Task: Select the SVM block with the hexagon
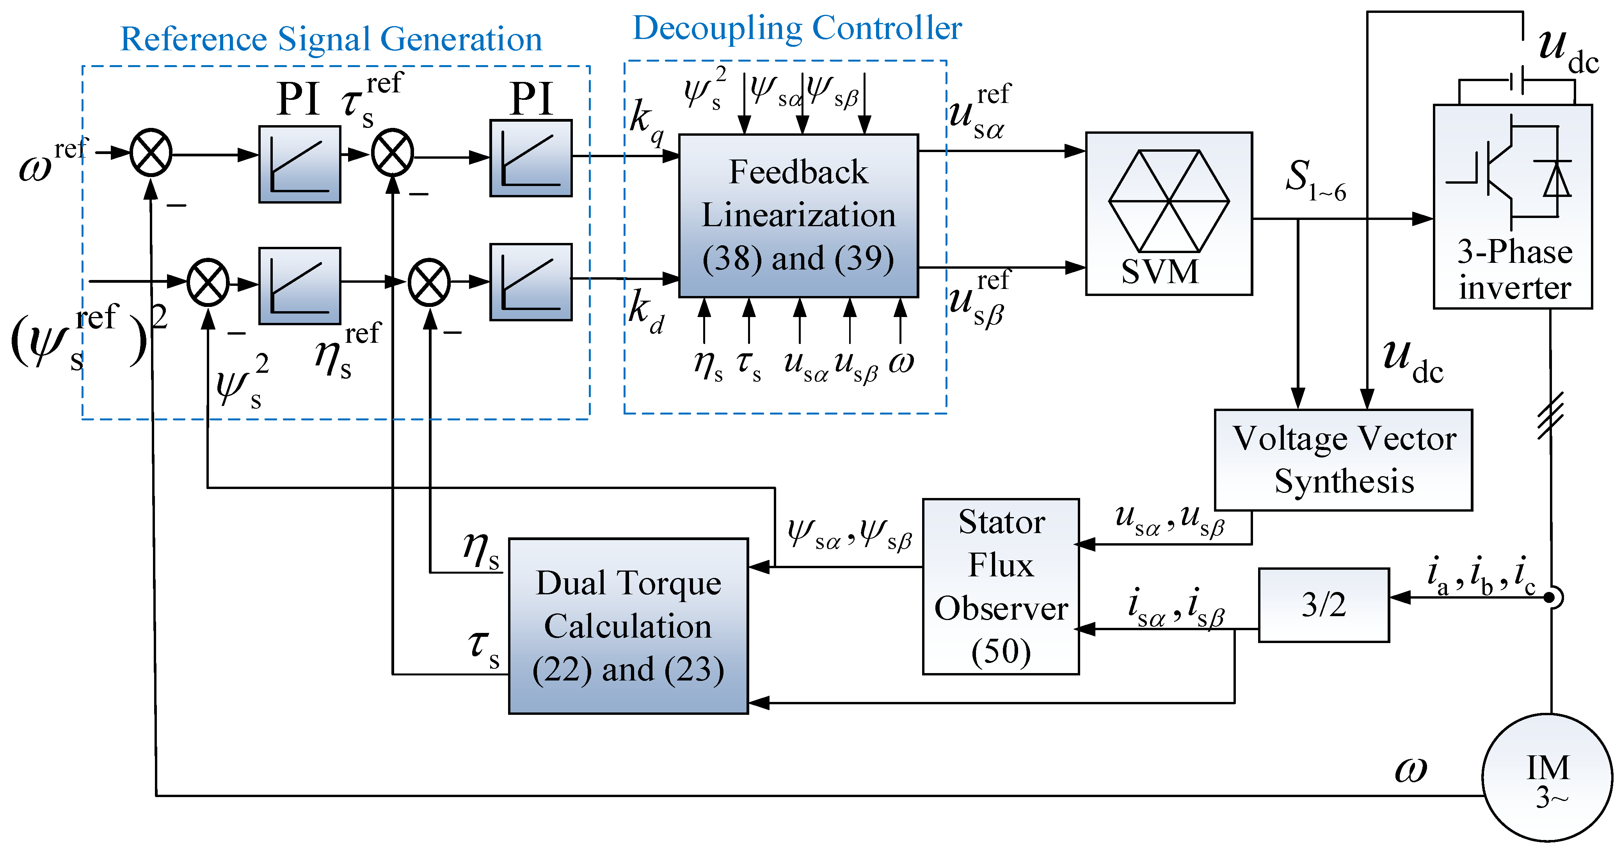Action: [1169, 213]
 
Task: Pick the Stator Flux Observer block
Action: [1001, 586]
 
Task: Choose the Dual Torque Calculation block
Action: [628, 626]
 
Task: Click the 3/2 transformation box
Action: [1323, 605]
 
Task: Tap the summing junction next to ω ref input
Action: [151, 153]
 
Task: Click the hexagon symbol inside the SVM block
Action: [1169, 201]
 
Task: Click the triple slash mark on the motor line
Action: [1550, 415]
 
